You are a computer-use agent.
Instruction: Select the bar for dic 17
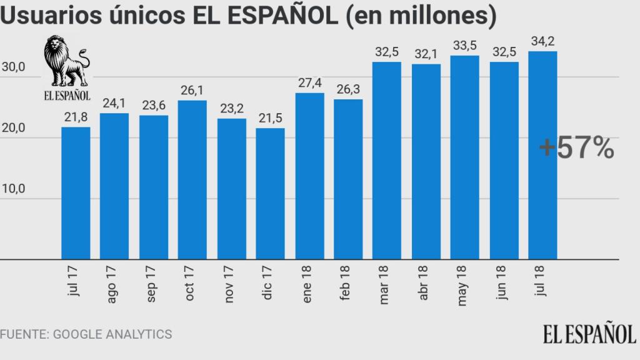(x=270, y=194)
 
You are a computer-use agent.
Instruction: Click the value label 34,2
(x=542, y=42)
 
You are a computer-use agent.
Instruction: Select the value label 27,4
(x=309, y=84)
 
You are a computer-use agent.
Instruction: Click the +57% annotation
(x=576, y=148)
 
